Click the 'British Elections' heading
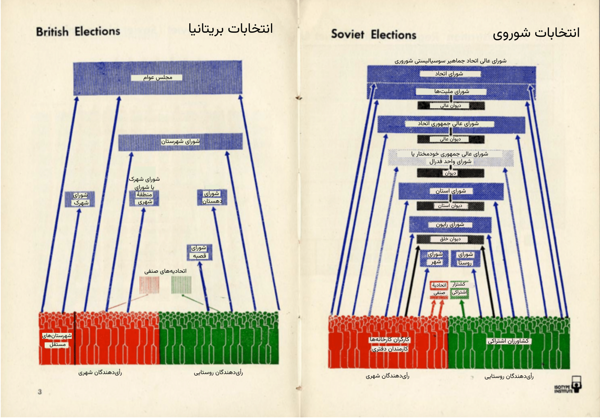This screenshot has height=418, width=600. [x=78, y=32]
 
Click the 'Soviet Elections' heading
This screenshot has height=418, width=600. [x=373, y=35]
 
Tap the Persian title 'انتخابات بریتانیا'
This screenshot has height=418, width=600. [x=231, y=28]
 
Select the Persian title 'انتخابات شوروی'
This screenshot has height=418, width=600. [x=536, y=33]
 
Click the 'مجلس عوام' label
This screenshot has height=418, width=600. [x=158, y=77]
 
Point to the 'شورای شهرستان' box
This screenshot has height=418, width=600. [x=180, y=142]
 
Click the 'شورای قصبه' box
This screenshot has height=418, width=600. [x=199, y=252]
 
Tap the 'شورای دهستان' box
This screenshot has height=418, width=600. [x=212, y=197]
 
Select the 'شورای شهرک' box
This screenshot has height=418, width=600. [x=80, y=199]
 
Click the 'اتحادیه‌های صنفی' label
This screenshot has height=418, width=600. [x=165, y=271]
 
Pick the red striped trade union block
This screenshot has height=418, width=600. [x=149, y=285]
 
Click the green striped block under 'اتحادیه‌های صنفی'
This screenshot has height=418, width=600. [x=181, y=285]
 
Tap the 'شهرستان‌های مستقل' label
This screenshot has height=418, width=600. [x=57, y=340]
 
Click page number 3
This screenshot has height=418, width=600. [x=40, y=392]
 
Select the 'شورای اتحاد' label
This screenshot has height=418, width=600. [x=449, y=74]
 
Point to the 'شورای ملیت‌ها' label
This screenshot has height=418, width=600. [x=452, y=91]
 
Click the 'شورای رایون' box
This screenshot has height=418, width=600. [x=450, y=225]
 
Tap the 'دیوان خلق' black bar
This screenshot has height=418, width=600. [x=450, y=239]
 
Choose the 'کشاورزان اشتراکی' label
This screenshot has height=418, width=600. [x=508, y=341]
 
